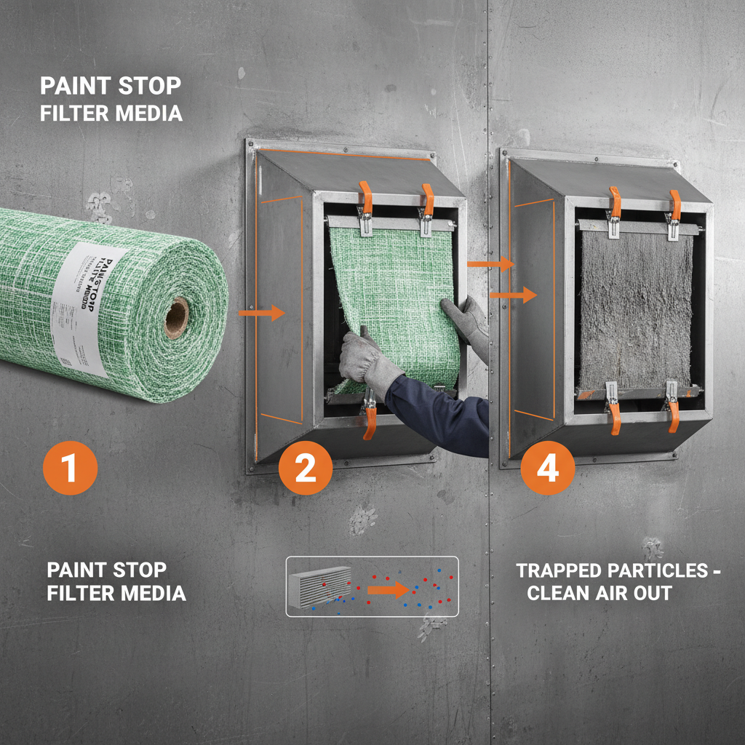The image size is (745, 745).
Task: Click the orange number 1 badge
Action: coord(70,468)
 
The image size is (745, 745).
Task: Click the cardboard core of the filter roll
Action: coord(176,319)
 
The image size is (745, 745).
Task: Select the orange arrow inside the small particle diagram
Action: coord(387,589)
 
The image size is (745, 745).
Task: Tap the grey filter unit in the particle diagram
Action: coord(321,586)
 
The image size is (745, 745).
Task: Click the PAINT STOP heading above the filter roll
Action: coord(110,86)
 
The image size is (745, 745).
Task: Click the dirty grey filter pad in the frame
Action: coord(635,309)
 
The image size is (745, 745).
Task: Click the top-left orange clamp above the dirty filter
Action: coord(615,205)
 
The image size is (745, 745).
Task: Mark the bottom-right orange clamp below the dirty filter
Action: coord(673,411)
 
